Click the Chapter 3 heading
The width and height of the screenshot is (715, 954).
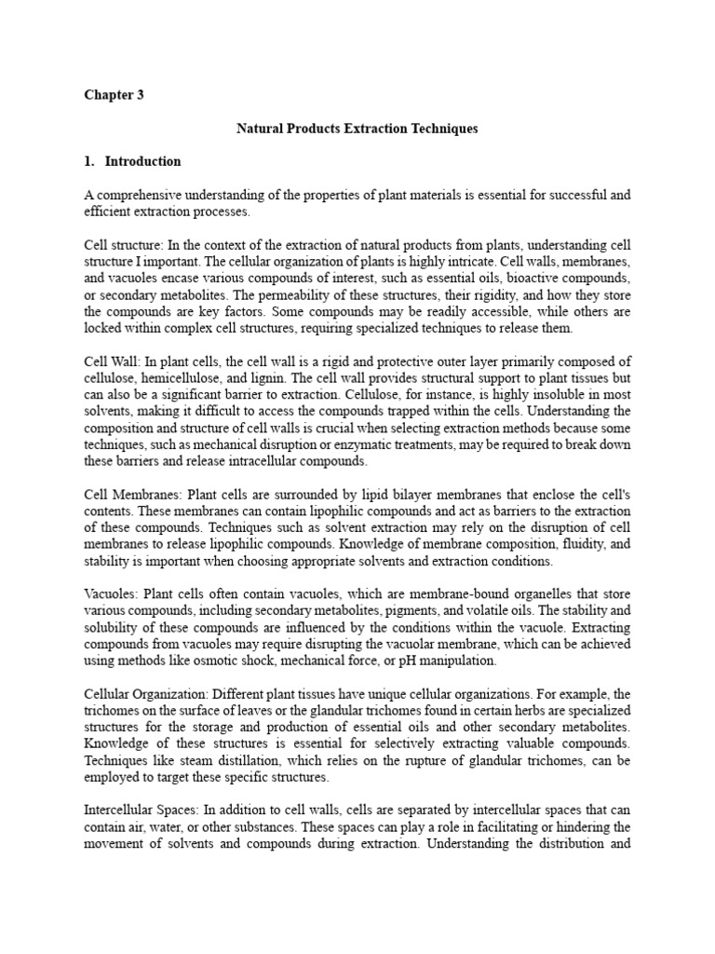(x=114, y=95)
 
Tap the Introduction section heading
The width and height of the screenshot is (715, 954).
(x=142, y=161)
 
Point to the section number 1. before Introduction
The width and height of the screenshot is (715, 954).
(x=89, y=161)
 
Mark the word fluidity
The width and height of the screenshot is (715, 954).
(x=554, y=544)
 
